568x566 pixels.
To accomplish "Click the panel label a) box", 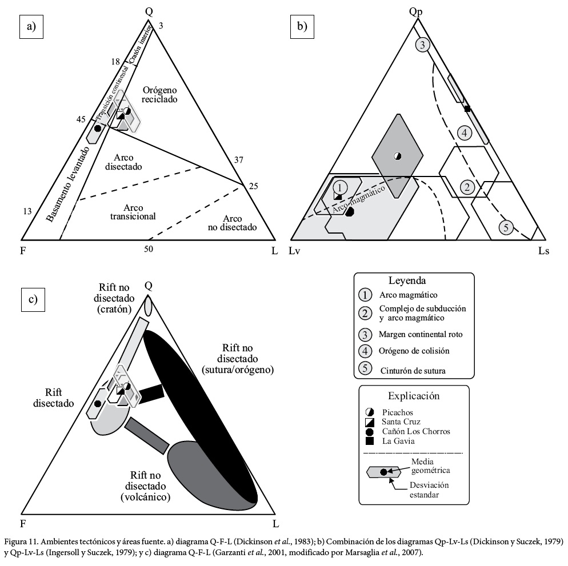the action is [x=31, y=27].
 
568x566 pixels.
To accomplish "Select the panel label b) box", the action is [x=302, y=27].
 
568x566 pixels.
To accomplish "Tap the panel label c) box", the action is [x=33, y=299].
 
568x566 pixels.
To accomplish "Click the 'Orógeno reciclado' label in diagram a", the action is [x=159, y=94].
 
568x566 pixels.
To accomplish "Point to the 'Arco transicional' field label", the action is [x=133, y=212].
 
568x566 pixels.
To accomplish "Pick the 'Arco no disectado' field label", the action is [x=232, y=223].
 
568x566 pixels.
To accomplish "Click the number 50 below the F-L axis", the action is [x=149, y=249].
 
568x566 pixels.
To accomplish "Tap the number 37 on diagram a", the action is [x=238, y=160].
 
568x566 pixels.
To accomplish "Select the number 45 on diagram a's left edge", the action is [x=81, y=119].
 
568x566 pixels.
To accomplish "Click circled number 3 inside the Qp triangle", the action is [x=422, y=45].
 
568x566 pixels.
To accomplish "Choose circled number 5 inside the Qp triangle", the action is [x=506, y=227].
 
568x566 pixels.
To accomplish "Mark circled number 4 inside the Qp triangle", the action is [x=465, y=133].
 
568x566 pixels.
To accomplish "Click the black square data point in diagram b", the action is [x=467, y=109].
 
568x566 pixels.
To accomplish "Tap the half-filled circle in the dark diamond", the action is [x=397, y=156].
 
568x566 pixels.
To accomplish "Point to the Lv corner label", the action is [x=294, y=251].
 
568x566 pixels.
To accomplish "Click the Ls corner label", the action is [x=543, y=251].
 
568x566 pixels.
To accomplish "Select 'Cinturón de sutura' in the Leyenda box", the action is [x=413, y=371].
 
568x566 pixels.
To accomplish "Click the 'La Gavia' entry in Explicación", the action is [x=398, y=441].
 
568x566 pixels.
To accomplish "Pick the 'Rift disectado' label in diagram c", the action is [x=54, y=398].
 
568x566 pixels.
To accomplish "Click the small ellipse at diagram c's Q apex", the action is [x=148, y=306].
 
